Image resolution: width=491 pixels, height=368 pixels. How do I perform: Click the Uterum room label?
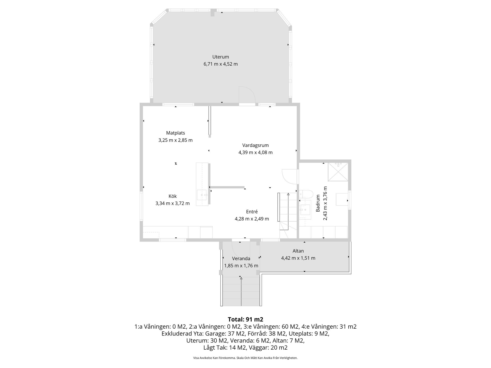coord(220,57)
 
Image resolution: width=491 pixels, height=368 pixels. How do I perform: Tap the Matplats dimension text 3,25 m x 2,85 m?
coord(175,140)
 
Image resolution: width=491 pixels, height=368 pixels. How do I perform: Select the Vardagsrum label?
coord(255,145)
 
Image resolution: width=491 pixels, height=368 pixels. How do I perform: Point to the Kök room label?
coord(173,196)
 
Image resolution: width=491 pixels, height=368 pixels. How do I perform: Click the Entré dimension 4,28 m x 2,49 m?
coord(252,219)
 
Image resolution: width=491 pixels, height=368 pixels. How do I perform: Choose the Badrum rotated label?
coord(318,203)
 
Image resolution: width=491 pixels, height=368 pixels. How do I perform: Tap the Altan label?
coord(298,251)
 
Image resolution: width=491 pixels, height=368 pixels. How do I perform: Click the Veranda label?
coord(241,259)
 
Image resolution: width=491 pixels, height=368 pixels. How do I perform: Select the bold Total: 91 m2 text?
coord(245,319)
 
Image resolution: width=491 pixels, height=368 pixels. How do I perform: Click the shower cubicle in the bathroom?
coord(338,171)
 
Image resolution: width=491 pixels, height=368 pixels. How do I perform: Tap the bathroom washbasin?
coord(305,212)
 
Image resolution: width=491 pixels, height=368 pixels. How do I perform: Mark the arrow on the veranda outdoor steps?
coord(241,292)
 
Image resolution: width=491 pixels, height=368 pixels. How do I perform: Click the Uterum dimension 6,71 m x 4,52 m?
coord(221,64)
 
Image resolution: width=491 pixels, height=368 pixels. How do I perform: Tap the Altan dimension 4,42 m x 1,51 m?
coord(298,258)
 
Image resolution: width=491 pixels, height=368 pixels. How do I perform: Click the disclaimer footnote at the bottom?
coord(245,358)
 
